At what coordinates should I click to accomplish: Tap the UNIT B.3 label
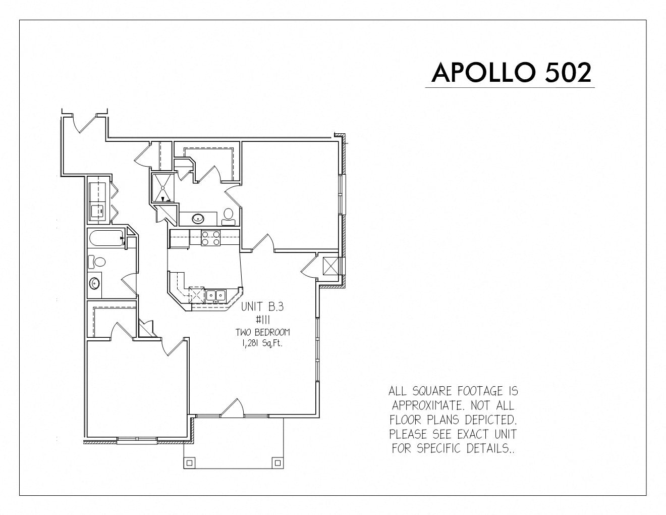(262, 306)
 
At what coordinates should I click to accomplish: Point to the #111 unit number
(263, 320)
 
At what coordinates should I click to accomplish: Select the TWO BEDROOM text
(263, 332)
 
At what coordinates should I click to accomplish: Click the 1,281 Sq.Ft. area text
(262, 344)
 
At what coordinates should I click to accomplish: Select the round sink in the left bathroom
(94, 283)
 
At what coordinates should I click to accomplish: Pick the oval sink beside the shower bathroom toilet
(198, 219)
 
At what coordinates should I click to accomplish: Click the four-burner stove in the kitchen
(210, 238)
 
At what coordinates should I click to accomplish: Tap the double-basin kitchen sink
(216, 296)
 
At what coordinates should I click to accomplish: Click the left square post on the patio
(189, 462)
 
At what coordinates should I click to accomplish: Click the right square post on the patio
(277, 462)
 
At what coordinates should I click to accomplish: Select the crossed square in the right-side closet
(330, 266)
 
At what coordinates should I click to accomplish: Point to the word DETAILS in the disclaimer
(491, 448)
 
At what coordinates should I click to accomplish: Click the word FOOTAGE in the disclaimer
(480, 391)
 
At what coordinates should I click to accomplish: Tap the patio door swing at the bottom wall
(232, 407)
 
